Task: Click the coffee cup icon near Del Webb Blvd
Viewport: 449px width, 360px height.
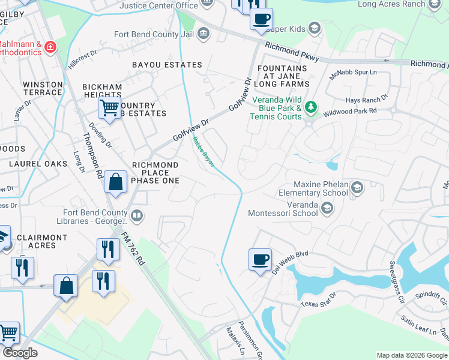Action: [x=260, y=260]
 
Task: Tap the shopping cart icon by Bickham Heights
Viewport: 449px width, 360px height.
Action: [x=109, y=109]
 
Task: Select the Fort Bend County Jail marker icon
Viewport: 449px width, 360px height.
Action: [x=203, y=32]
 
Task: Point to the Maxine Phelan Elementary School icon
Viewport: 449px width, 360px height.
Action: [x=357, y=188]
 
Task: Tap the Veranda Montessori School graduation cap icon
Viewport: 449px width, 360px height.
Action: [x=327, y=208]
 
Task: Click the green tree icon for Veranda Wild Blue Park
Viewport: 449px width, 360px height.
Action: [x=310, y=107]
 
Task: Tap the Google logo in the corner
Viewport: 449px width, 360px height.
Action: [x=20, y=353]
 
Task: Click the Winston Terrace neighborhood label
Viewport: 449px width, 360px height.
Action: [x=43, y=88]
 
